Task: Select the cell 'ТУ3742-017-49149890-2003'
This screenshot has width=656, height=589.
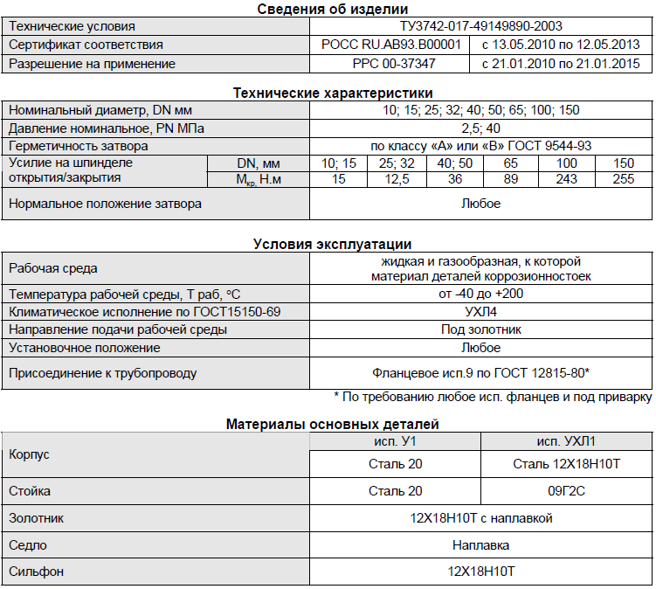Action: coord(480,26)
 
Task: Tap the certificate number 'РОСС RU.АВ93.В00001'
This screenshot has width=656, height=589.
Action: coord(391,45)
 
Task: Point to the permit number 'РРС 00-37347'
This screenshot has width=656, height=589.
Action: coord(391,63)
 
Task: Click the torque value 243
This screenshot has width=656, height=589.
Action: coord(566,179)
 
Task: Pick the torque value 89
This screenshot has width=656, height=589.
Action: coord(510,179)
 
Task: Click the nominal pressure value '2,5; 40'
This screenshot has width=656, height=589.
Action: coord(480,128)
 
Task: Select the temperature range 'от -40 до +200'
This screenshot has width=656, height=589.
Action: coord(480,294)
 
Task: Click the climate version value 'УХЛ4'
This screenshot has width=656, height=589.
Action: coord(480,311)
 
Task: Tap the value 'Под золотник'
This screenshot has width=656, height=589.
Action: coord(480,329)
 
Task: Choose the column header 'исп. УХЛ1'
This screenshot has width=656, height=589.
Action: coord(566,440)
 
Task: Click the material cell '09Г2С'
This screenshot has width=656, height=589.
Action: coord(566,491)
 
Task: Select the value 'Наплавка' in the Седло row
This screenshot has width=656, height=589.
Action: coord(480,545)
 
